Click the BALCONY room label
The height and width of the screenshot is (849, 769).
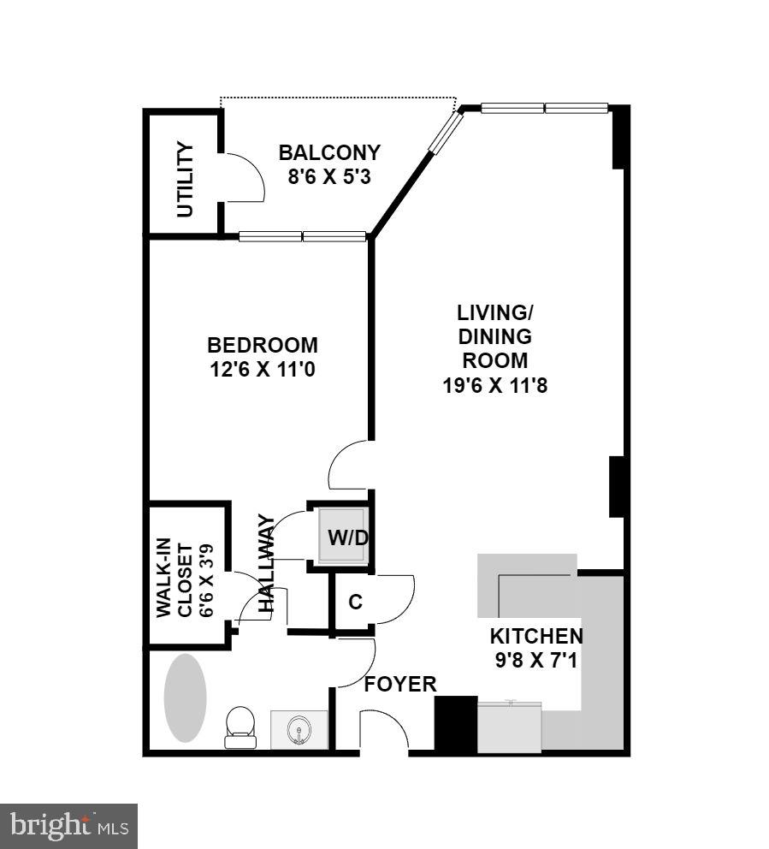[329, 153]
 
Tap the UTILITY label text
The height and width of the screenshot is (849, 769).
[185, 180]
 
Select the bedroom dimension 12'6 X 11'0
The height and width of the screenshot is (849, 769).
[263, 371]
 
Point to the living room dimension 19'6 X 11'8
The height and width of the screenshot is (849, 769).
[494, 385]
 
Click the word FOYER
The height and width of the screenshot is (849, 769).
[400, 684]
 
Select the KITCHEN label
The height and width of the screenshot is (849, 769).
[536, 636]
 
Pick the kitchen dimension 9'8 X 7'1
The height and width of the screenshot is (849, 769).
[536, 660]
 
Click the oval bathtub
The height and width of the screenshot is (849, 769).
[185, 698]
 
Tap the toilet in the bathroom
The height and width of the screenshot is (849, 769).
[240, 725]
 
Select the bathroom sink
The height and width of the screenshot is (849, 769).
[299, 730]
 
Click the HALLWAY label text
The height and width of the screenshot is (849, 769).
[266, 562]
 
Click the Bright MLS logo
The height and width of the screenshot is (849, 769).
[68, 826]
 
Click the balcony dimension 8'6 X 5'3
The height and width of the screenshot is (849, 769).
[329, 178]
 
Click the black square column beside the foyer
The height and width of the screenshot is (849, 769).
[456, 724]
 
